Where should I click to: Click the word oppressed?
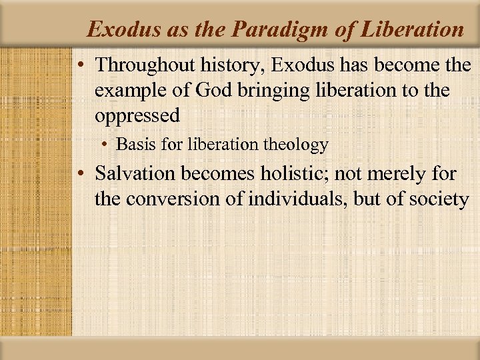137,115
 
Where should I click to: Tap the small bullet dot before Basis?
107,145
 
